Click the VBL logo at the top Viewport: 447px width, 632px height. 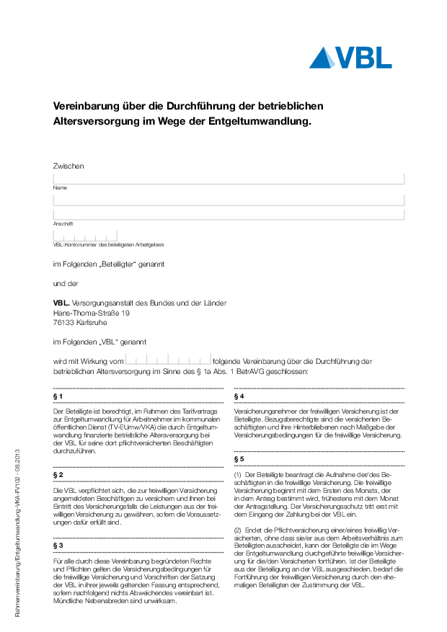[x=350, y=58]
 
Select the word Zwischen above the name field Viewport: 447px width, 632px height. [x=68, y=166]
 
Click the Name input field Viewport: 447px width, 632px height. [x=229, y=179]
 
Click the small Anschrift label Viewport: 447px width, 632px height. [x=63, y=223]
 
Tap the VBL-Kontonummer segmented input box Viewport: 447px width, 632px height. [x=85, y=236]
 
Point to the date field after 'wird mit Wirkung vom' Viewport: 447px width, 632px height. [x=169, y=358]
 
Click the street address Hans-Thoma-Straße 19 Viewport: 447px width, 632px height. [x=92, y=313]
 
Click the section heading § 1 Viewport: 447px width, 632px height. [x=58, y=396]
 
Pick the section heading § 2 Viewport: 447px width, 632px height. [x=58, y=475]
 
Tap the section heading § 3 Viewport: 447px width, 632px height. [x=58, y=546]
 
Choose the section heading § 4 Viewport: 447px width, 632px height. [x=239, y=396]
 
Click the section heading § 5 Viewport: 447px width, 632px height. [x=239, y=458]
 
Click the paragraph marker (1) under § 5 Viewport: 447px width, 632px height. [x=238, y=476]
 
